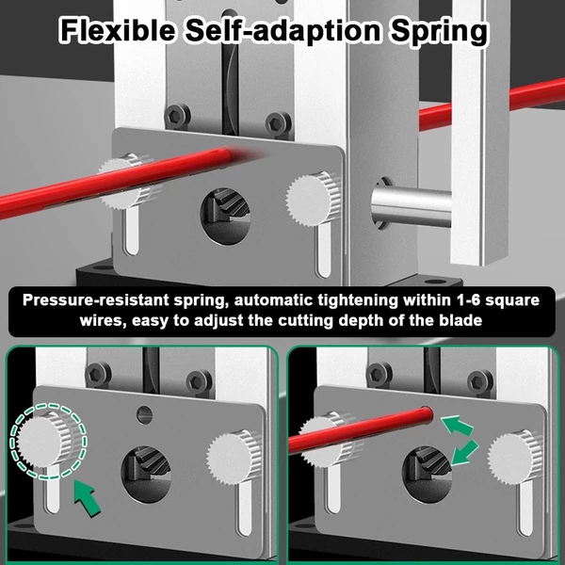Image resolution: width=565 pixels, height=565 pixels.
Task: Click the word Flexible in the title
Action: [x=118, y=30]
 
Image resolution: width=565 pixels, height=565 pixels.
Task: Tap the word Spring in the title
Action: [x=439, y=32]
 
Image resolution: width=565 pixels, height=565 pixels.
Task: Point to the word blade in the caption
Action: [x=460, y=320]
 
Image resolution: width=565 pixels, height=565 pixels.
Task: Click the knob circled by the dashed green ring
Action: [x=47, y=440]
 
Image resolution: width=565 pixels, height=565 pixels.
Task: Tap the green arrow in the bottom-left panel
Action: [x=88, y=497]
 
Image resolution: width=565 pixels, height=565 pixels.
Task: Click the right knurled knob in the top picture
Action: [x=314, y=199]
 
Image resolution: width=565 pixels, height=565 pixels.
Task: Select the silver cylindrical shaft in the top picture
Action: [x=412, y=204]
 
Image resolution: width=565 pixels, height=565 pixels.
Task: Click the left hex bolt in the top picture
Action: [x=177, y=116]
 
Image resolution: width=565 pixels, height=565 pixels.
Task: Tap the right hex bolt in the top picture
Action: [x=278, y=124]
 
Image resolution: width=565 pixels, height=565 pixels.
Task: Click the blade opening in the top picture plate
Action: [x=226, y=217]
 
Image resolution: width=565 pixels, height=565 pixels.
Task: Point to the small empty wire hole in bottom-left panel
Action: [x=144, y=414]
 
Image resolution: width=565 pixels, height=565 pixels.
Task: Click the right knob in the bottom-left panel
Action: [x=234, y=457]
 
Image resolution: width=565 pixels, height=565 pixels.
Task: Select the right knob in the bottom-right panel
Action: [x=515, y=457]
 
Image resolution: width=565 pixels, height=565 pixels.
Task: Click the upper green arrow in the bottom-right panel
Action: [x=458, y=426]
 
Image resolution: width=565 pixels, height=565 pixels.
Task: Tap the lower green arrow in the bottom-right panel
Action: [x=464, y=452]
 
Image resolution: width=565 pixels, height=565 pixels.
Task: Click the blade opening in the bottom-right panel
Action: [x=427, y=475]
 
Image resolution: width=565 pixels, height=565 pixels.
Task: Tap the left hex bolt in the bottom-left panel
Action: [x=98, y=375]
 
